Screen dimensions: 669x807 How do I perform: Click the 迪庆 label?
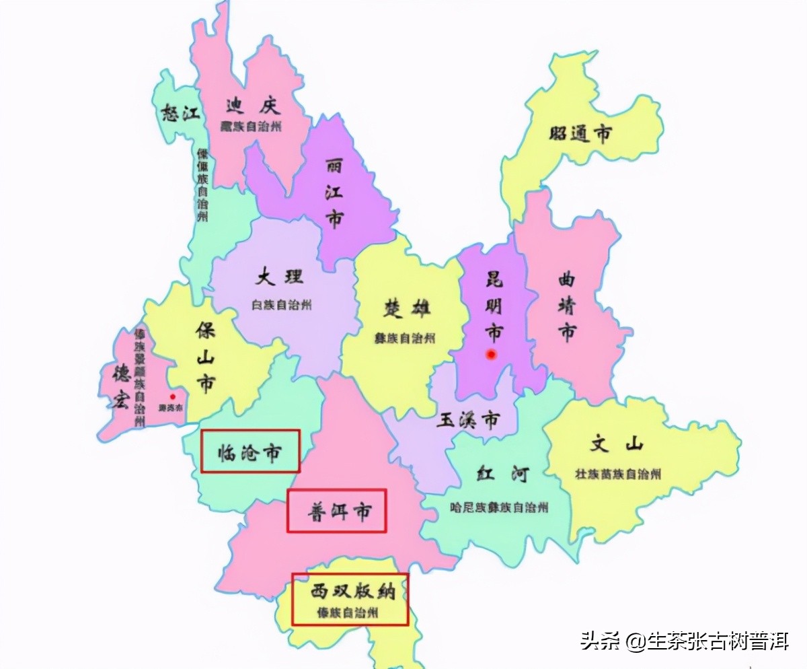click(x=252, y=106)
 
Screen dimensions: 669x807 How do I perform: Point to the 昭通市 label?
click(x=580, y=134)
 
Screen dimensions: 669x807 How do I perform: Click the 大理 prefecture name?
click(x=279, y=277)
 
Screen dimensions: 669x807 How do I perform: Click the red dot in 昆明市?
click(x=492, y=354)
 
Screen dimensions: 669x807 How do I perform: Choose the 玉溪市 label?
click(x=468, y=421)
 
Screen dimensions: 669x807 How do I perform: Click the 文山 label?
click(x=617, y=445)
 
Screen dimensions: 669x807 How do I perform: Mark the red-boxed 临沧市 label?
click(x=249, y=452)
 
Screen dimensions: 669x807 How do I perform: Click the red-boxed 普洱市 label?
click(x=337, y=511)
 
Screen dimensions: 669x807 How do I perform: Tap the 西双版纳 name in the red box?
click(x=350, y=592)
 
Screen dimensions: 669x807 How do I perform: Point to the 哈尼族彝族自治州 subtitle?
click(x=498, y=507)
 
